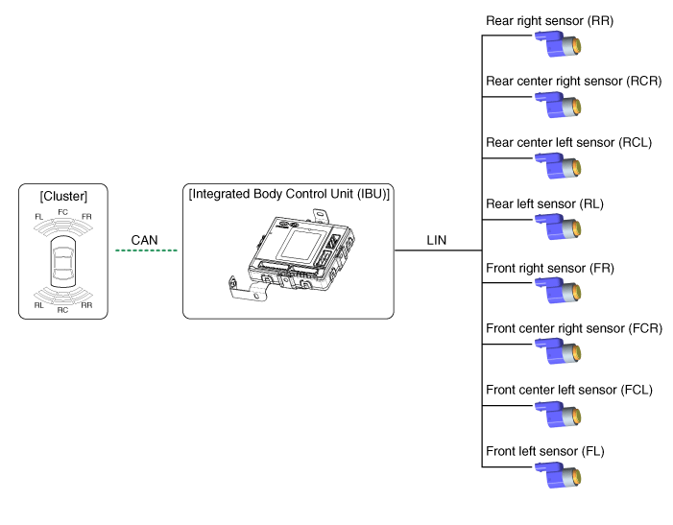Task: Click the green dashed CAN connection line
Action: click(x=146, y=251)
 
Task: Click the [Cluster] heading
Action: click(x=62, y=197)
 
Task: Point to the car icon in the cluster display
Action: click(x=62, y=264)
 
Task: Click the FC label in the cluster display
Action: click(x=62, y=211)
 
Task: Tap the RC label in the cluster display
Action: click(x=62, y=309)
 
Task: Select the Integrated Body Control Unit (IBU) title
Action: click(x=288, y=194)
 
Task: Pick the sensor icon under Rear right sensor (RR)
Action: click(x=560, y=43)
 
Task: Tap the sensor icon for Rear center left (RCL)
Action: click(x=560, y=166)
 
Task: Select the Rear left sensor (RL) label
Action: click(x=544, y=204)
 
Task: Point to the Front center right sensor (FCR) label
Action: click(x=574, y=328)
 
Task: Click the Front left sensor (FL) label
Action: click(x=544, y=451)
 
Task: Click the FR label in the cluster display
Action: click(x=86, y=218)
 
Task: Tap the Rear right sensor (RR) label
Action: click(x=550, y=20)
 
